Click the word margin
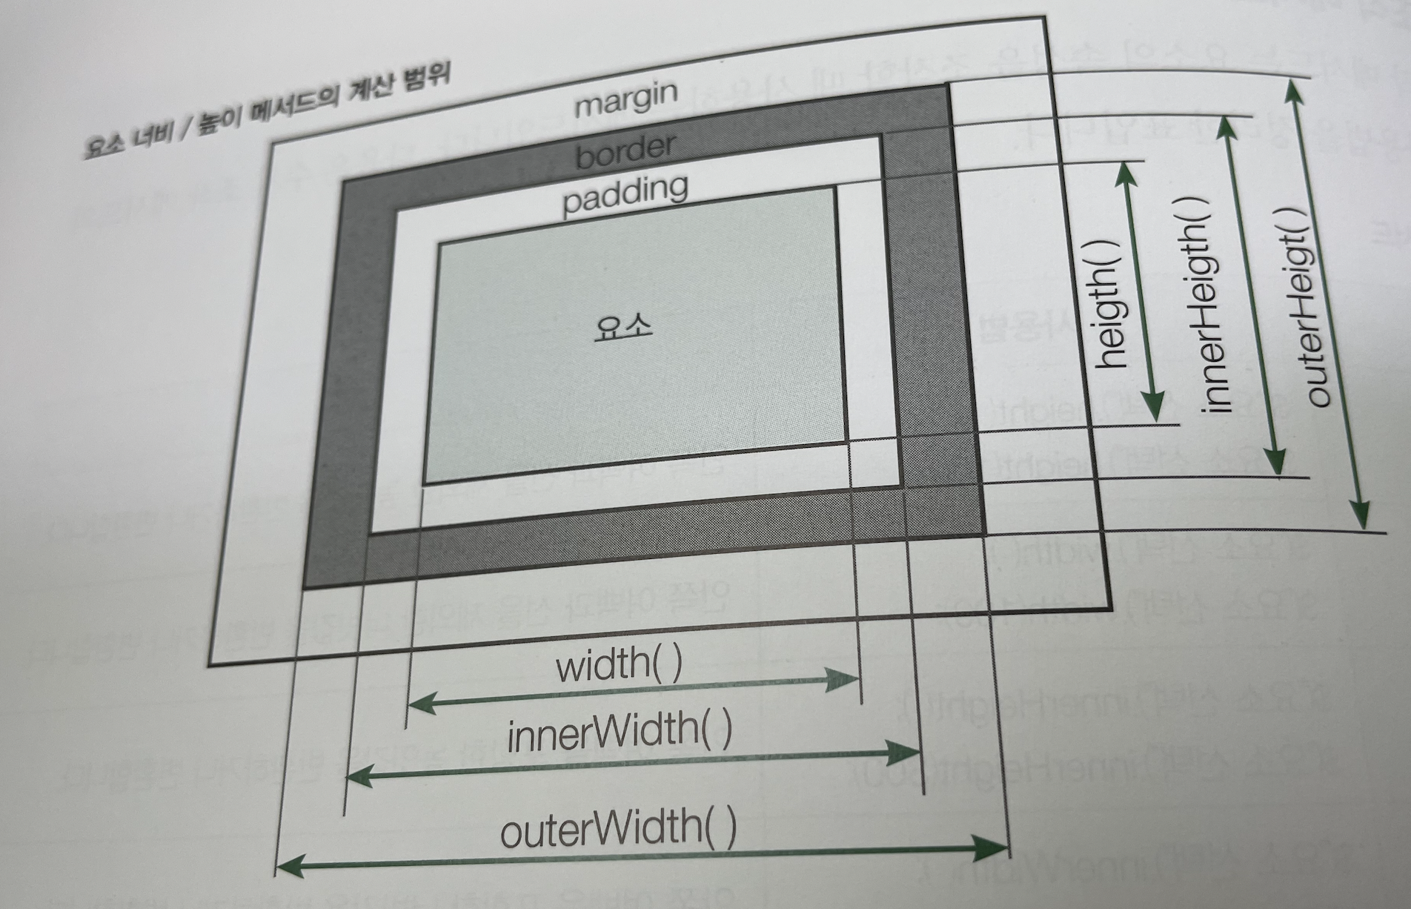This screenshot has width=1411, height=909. click(626, 99)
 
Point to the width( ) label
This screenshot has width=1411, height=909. click(619, 665)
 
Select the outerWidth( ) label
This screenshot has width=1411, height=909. click(618, 828)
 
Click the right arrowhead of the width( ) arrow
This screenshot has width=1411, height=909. click(845, 678)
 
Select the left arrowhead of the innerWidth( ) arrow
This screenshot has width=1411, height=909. click(360, 776)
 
